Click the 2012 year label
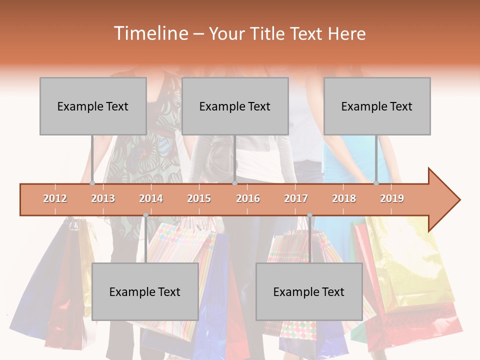(55, 198)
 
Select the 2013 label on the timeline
(103, 198)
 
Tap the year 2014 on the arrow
(151, 198)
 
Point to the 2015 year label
(199, 198)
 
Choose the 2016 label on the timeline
(248, 198)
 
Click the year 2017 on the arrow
(296, 198)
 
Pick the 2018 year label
(344, 198)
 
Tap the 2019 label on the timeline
(392, 198)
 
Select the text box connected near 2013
(93, 106)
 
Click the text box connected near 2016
(235, 106)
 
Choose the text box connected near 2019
(377, 106)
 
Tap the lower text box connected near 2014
(145, 291)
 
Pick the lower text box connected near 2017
(309, 291)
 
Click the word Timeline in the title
(149, 33)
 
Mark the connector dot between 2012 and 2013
(92, 183)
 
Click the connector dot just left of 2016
(234, 183)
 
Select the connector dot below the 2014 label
(145, 215)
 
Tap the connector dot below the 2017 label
(309, 215)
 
